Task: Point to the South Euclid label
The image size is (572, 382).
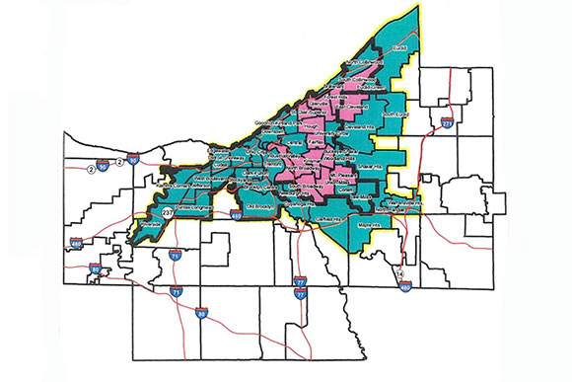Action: (387, 119)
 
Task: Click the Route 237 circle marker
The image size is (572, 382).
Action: (166, 211)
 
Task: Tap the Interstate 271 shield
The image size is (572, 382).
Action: (447, 124)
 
